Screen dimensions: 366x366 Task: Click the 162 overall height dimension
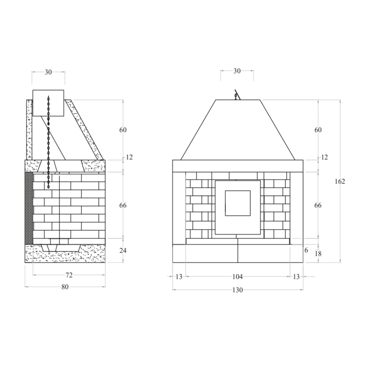340,182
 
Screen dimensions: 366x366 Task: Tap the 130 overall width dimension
238,290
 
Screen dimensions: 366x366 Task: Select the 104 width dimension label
238,277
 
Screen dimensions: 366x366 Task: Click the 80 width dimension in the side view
65,287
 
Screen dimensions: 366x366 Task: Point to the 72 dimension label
69,275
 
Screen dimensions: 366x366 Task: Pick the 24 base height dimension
123,250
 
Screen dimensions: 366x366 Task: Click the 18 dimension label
318,254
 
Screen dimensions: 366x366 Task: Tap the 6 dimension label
306,250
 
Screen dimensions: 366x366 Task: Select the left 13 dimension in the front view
179,277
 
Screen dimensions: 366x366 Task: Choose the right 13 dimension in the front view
296,277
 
